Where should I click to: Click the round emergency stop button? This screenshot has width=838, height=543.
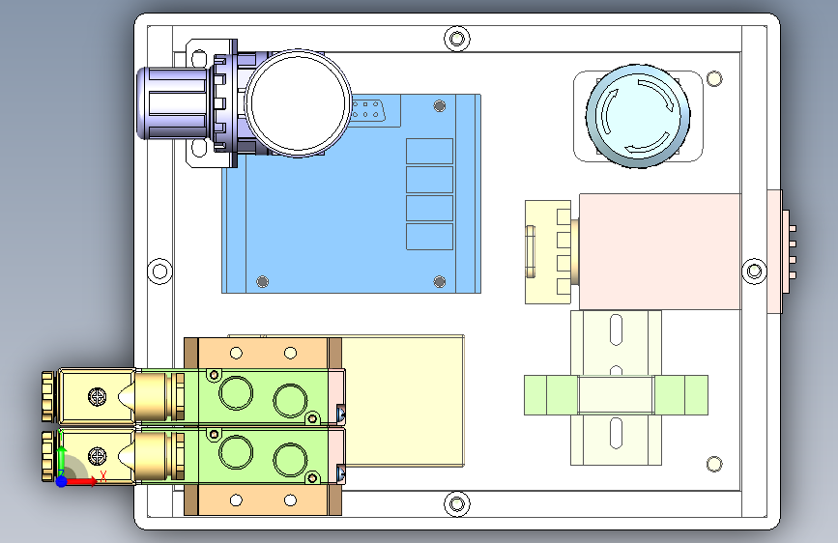638,116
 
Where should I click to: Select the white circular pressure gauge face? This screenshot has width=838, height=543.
298,102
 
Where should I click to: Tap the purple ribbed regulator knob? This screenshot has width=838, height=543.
172,102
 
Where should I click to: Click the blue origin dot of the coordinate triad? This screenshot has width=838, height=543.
62,481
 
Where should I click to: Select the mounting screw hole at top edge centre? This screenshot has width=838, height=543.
457,39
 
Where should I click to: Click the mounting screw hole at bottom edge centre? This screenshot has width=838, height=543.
457,504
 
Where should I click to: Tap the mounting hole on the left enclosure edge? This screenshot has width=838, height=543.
159,271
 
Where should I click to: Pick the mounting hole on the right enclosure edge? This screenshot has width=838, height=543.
755,271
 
